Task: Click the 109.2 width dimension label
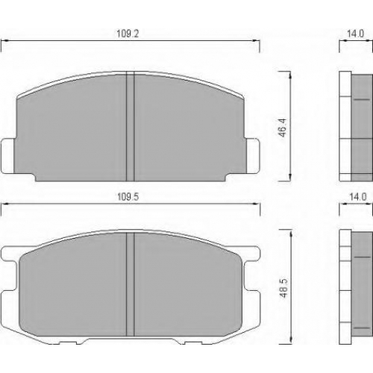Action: click(x=128, y=34)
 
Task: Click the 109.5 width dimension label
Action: click(x=128, y=197)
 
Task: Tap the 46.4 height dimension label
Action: click(x=283, y=128)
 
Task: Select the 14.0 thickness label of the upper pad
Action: click(x=355, y=34)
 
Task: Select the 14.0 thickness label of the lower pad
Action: click(x=358, y=197)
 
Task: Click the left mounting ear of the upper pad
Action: click(x=7, y=156)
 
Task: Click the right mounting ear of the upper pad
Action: click(x=253, y=156)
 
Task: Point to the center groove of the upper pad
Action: click(x=131, y=126)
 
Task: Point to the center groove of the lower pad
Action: click(x=131, y=284)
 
